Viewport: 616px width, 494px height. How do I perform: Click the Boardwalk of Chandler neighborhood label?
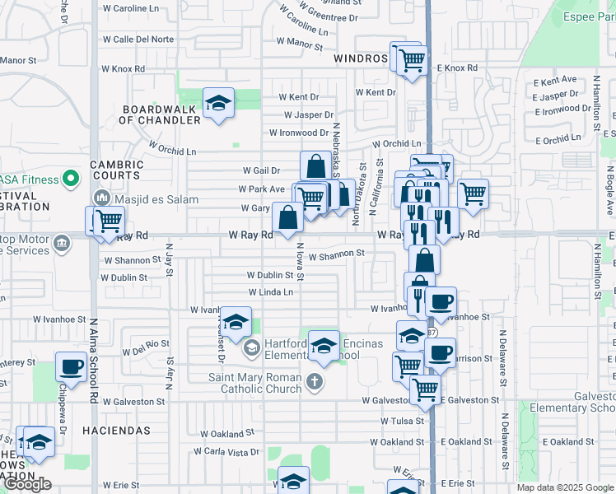click(x=160, y=114)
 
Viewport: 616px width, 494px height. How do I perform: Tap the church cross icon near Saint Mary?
click(x=313, y=381)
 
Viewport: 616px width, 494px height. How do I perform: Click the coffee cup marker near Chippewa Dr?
click(x=71, y=366)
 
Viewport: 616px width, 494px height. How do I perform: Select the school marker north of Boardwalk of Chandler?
click(x=218, y=103)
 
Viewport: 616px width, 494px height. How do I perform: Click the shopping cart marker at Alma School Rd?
click(x=108, y=221)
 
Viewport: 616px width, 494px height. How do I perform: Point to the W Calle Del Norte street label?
click(x=138, y=39)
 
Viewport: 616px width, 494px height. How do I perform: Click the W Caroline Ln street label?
click(x=131, y=8)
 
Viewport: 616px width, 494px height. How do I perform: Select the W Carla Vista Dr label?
click(x=226, y=452)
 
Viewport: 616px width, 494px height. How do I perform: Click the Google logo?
click(x=27, y=484)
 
